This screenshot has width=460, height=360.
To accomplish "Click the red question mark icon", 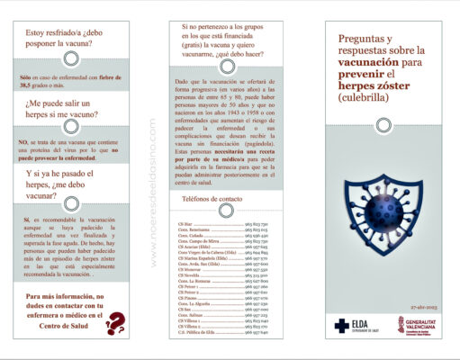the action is click(115, 320).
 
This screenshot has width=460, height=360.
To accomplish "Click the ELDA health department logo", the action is click(352, 325).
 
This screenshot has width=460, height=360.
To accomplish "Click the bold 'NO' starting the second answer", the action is click(23, 141).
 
